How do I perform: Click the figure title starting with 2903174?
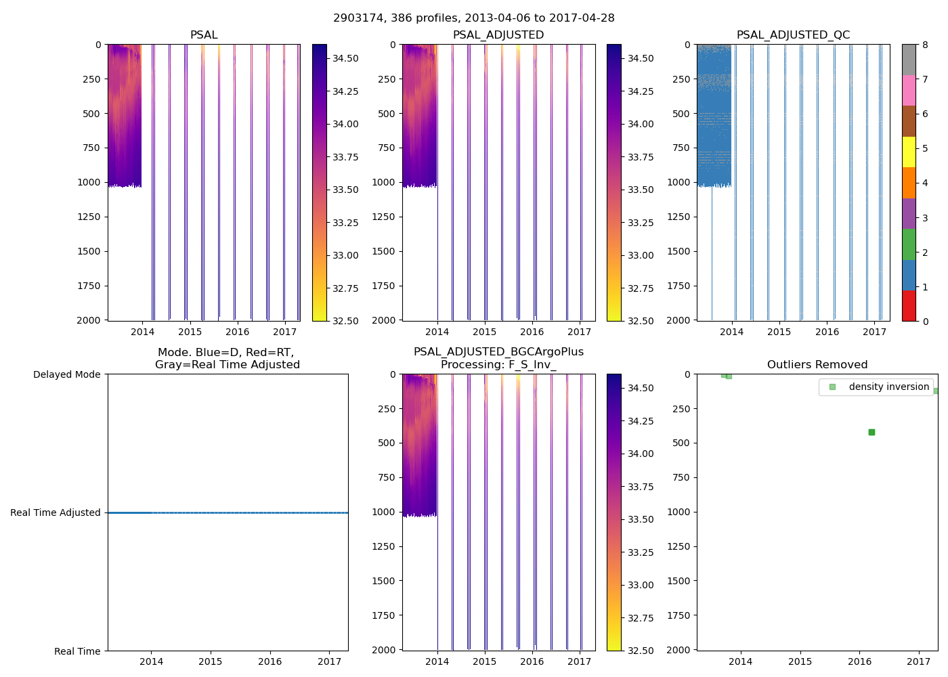473,18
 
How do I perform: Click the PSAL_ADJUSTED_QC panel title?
793,35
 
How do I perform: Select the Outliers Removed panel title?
817,365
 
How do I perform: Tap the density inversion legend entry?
888,387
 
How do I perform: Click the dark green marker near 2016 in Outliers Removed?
871,432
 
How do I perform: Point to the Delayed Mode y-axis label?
66,374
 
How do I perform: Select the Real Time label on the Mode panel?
77,651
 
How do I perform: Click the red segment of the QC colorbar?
909,305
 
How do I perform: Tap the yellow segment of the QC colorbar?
909,152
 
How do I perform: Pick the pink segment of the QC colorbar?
909,90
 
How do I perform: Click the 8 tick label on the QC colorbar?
925,45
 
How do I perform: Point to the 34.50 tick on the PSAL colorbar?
345,58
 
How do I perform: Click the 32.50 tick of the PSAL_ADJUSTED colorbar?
640,321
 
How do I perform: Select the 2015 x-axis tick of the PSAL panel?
190,332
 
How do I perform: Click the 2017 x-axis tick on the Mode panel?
330,661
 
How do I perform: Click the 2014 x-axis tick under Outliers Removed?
741,661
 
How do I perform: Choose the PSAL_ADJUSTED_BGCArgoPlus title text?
498,352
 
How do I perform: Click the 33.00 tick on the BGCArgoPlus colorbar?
640,585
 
